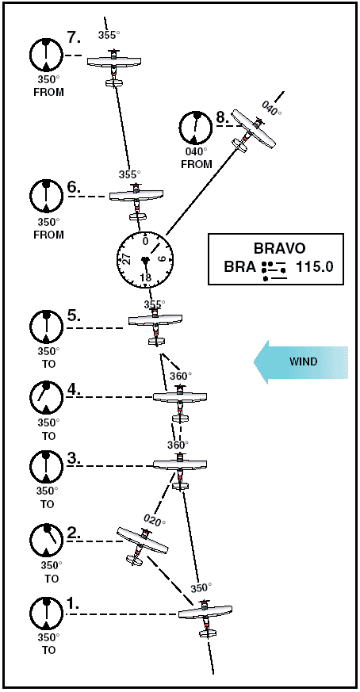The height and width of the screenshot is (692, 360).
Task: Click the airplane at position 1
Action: pos(205,617)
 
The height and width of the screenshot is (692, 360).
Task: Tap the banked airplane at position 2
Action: pos(142,546)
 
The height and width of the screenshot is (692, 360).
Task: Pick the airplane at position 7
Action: pos(114,67)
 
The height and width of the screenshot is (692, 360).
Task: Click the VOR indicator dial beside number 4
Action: pos(46,397)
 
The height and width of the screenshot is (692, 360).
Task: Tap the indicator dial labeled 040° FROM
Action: pos(195,128)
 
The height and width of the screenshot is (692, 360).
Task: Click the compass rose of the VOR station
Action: pos(145,261)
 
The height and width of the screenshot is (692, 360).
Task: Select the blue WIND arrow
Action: pos(301,362)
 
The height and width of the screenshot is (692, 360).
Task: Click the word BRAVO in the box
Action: pos(279,248)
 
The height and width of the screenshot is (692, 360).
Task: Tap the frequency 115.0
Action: pos(315,267)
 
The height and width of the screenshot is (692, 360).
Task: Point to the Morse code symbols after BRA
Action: pos(274,270)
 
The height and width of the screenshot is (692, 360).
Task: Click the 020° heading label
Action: pos(154,520)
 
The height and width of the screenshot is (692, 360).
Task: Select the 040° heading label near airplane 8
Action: pos(271,108)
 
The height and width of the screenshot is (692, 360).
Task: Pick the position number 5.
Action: pos(73,316)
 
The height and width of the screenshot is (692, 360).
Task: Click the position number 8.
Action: pos(222,118)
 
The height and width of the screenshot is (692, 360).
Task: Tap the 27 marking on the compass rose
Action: pos(127,258)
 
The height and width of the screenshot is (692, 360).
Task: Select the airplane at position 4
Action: pos(180,402)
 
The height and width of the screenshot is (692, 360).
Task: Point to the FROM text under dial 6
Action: pos(48,235)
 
